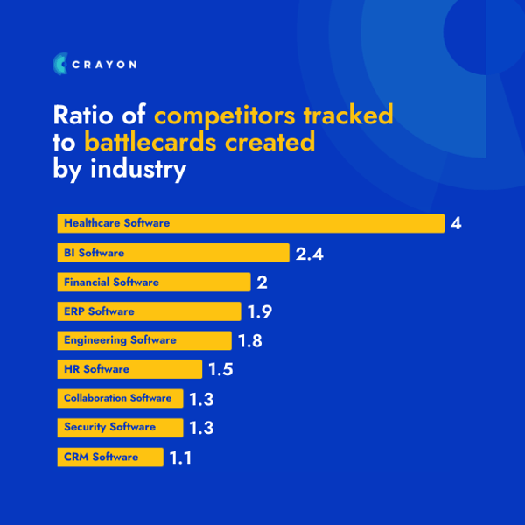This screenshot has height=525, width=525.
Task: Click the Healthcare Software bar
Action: pyautogui.click(x=250, y=223)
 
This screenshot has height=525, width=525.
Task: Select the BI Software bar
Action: pyautogui.click(x=173, y=253)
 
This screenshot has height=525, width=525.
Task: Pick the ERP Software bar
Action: pyautogui.click(x=149, y=311)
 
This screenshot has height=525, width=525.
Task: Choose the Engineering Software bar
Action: pyautogui.click(x=144, y=340)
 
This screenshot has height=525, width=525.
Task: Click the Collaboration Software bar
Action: pyautogui.click(x=120, y=398)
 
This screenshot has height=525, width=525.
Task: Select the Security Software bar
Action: pyautogui.click(x=120, y=427)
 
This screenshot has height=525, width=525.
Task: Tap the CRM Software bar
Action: pyautogui.click(x=110, y=457)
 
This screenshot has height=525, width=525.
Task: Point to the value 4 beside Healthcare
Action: pyautogui.click(x=456, y=223)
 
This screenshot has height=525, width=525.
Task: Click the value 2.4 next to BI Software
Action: pyautogui.click(x=311, y=254)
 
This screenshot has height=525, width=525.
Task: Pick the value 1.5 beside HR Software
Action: pyautogui.click(x=220, y=370)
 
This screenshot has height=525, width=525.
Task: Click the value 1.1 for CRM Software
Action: pyautogui.click(x=180, y=458)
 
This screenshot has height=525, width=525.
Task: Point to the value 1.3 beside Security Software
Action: pyautogui.click(x=200, y=428)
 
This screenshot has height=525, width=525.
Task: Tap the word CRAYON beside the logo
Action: pyautogui.click(x=105, y=64)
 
